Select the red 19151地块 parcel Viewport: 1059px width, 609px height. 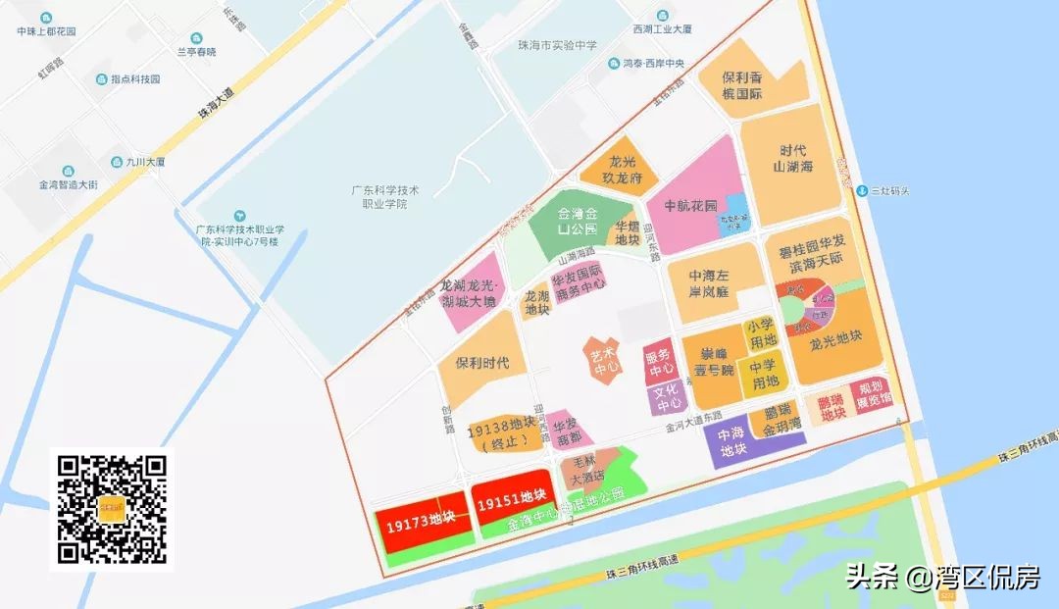coord(511,502)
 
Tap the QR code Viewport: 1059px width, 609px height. coord(111,510)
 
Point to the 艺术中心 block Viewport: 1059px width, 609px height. coord(605,360)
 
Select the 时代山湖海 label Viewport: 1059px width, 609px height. coord(792,159)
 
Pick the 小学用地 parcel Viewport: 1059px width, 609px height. coord(761,333)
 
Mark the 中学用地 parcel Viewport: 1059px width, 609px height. coord(763,374)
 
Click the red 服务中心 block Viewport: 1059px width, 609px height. coord(661,362)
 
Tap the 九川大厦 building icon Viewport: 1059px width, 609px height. coord(117,162)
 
